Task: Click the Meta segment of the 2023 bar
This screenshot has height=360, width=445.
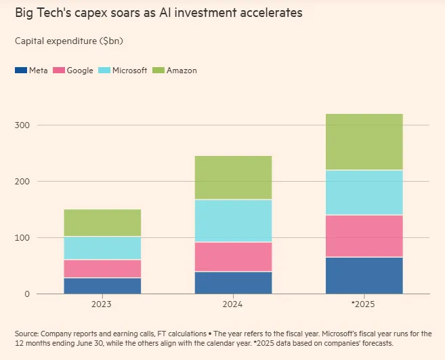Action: tap(102, 285)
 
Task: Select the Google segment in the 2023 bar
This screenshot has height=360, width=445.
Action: tap(102, 268)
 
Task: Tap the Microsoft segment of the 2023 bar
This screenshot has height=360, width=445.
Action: tap(102, 248)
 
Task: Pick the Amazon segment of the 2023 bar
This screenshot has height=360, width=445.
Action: tap(102, 222)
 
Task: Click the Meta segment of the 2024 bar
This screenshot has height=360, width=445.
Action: tap(233, 283)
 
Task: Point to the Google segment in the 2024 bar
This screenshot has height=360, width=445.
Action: tap(233, 257)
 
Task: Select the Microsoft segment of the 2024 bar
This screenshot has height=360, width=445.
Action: tap(233, 221)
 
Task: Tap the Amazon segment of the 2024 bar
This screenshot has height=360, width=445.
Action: tap(233, 178)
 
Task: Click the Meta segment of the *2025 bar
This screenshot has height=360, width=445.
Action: tap(364, 275)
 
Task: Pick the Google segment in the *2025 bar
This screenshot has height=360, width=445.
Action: tap(364, 236)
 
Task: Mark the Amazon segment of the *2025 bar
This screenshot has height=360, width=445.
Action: tap(364, 142)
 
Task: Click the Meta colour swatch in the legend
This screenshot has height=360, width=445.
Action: tap(20, 71)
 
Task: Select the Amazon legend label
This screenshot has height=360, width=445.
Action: tap(182, 71)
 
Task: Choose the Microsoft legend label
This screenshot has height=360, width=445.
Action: tap(129, 71)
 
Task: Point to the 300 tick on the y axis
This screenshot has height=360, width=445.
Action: tap(22, 125)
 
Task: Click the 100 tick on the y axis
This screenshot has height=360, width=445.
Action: tap(22, 238)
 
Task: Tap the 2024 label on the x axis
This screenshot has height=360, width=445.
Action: tap(233, 304)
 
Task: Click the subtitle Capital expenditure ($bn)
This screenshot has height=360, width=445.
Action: tap(68, 41)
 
